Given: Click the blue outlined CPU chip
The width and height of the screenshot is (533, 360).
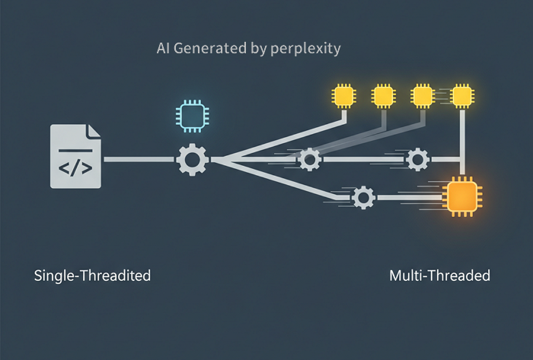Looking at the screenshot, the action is [193, 116].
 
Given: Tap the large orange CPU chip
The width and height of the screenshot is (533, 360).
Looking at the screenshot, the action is [462, 196].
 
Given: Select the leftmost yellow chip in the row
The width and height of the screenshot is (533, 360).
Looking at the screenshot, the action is [343, 96].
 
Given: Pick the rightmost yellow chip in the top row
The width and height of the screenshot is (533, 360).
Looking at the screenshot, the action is [462, 96].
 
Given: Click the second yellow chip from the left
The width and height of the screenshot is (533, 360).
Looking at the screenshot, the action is [384, 96].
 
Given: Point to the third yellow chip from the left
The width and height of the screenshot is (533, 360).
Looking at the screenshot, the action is [423, 96].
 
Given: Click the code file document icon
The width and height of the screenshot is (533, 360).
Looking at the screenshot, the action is [75, 156].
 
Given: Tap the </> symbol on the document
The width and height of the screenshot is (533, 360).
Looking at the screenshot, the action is [75, 168].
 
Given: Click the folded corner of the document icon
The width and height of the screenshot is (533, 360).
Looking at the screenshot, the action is [94, 131].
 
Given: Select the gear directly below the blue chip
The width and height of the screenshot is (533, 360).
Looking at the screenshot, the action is [193, 159].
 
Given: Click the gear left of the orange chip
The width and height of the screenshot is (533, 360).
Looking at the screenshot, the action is [363, 197].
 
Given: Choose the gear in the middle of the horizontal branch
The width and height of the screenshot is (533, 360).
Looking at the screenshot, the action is [309, 159].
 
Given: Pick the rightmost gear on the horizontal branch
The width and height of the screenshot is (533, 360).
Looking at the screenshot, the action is [417, 159].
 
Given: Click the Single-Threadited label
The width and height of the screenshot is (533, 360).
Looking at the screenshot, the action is [92, 276].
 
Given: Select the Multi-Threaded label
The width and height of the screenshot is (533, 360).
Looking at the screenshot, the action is [440, 276].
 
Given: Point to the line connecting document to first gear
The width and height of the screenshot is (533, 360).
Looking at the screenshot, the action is [139, 159].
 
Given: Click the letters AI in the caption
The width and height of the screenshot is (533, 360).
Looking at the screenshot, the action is [163, 48].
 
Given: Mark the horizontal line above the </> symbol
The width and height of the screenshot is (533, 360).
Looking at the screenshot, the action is [75, 150].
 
